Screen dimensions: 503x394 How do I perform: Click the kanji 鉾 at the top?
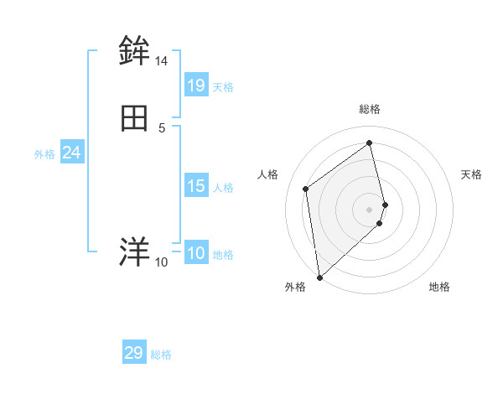[x=134, y=51]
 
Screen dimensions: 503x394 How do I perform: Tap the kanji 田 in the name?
[x=134, y=119]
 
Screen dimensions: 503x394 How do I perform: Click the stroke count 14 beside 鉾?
[x=161, y=61]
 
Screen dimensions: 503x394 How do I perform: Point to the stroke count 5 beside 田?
[x=161, y=127]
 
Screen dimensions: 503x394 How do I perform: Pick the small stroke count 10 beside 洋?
[x=161, y=262]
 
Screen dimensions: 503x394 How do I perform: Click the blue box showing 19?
[x=196, y=85]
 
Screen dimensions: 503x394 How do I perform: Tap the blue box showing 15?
[x=196, y=186]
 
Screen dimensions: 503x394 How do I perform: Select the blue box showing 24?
[x=71, y=153]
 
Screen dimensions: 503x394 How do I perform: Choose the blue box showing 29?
[x=134, y=353]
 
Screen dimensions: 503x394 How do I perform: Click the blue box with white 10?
[x=196, y=253]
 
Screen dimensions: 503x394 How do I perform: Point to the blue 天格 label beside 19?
[x=223, y=87]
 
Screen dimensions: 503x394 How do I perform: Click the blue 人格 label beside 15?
[x=223, y=188]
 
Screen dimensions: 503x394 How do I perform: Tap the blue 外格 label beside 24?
[x=44, y=154]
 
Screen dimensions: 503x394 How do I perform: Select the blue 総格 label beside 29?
[x=161, y=355]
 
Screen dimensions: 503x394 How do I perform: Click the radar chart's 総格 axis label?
[x=370, y=109]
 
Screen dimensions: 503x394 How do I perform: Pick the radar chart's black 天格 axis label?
[x=471, y=174]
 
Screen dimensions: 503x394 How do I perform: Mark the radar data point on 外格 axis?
[x=319, y=277]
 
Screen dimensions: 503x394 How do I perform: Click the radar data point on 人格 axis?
[x=306, y=189]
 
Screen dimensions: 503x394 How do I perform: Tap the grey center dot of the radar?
[x=370, y=209]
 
